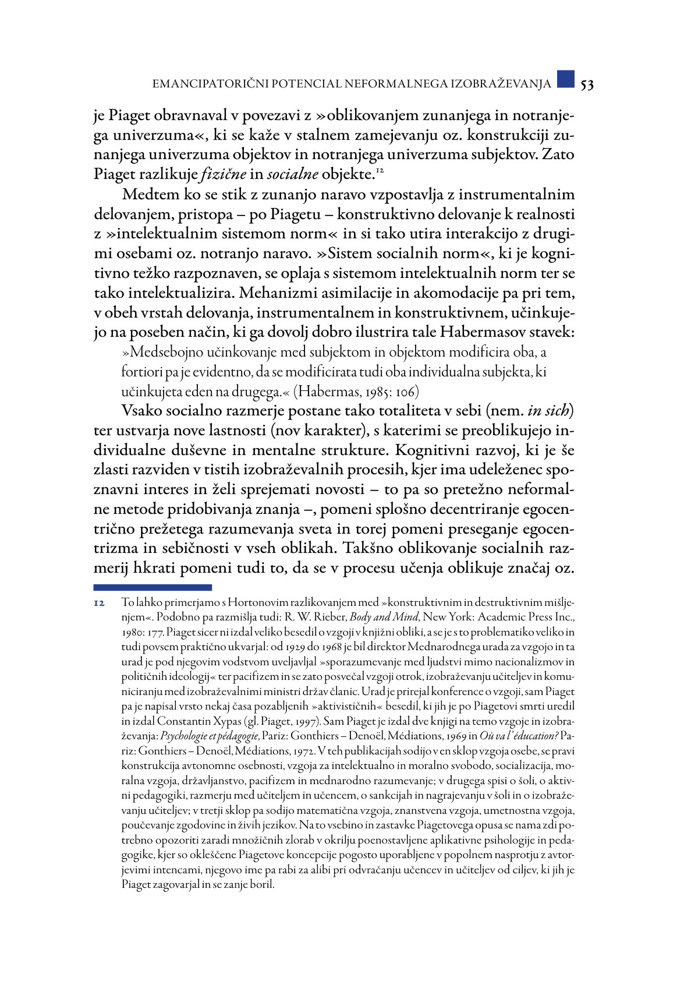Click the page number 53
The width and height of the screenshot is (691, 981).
click(587, 84)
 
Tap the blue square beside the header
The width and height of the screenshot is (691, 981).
click(565, 79)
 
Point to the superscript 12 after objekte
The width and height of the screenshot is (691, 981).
click(380, 170)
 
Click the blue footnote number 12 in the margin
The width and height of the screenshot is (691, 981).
click(99, 602)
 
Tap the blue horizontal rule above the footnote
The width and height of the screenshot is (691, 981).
click(153, 587)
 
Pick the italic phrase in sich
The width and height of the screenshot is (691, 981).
click(548, 411)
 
